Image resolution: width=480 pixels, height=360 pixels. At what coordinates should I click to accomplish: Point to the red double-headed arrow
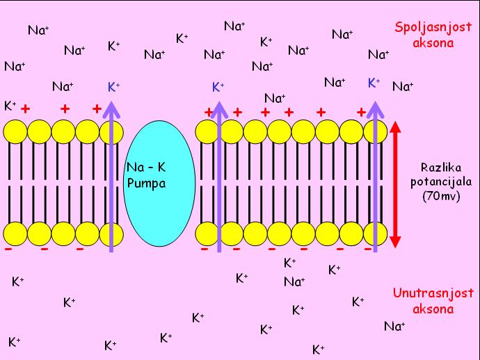tap(395, 184)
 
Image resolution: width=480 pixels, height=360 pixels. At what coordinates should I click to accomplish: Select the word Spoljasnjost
tap(424, 28)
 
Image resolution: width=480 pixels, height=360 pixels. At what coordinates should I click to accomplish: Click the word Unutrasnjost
tap(423, 295)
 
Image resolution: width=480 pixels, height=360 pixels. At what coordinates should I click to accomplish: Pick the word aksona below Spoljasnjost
tap(432, 42)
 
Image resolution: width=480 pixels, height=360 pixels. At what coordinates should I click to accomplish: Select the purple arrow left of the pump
tap(111, 174)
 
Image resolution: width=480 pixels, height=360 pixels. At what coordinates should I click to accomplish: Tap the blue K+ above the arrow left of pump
tap(114, 87)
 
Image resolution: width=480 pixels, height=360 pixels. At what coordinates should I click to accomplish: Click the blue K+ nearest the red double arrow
tap(374, 83)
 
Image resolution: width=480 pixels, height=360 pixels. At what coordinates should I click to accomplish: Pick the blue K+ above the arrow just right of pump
tap(218, 87)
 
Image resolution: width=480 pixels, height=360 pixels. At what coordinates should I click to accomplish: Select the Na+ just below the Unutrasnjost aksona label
tap(395, 325)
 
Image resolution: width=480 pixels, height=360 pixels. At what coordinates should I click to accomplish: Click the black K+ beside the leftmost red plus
tap(10, 106)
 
